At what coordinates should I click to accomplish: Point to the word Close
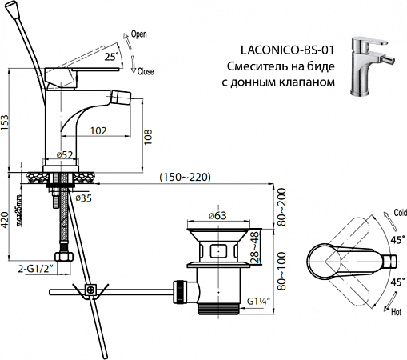tap(145, 70)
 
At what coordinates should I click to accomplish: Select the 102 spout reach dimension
tap(100, 130)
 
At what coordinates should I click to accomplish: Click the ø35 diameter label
tap(83, 196)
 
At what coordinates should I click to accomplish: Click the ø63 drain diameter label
tap(218, 215)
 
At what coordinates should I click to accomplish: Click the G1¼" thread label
tap(261, 302)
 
